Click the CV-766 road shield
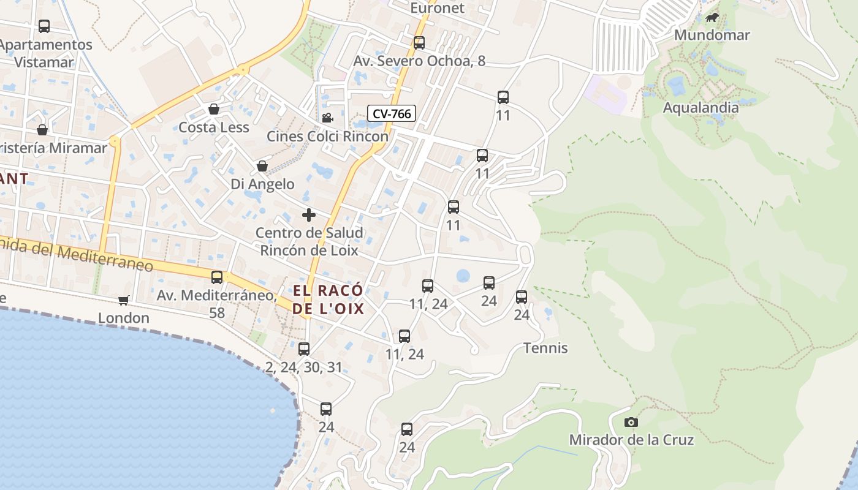pyautogui.click(x=392, y=113)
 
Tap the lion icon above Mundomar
pyautogui.click(x=712, y=18)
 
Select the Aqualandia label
pyautogui.click(x=700, y=108)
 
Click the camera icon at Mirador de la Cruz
pyautogui.click(x=631, y=422)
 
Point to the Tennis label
pyautogui.click(x=545, y=348)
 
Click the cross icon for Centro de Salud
pyautogui.click(x=309, y=215)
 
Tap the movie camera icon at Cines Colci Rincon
pyautogui.click(x=327, y=118)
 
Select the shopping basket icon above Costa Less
pyautogui.click(x=214, y=110)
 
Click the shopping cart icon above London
pyautogui.click(x=124, y=300)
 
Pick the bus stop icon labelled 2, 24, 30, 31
pyautogui.click(x=304, y=349)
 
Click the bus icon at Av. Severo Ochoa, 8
pyautogui.click(x=419, y=43)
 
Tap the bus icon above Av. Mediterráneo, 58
pyautogui.click(x=217, y=277)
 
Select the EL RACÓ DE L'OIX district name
pyautogui.click(x=328, y=299)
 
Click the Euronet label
pyautogui.click(x=438, y=8)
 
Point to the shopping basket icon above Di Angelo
pyautogui.click(x=262, y=166)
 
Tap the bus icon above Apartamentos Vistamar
pyautogui.click(x=44, y=26)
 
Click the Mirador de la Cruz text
pyautogui.click(x=631, y=440)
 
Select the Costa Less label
pyautogui.click(x=214, y=127)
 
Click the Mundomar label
pyautogui.click(x=712, y=35)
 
